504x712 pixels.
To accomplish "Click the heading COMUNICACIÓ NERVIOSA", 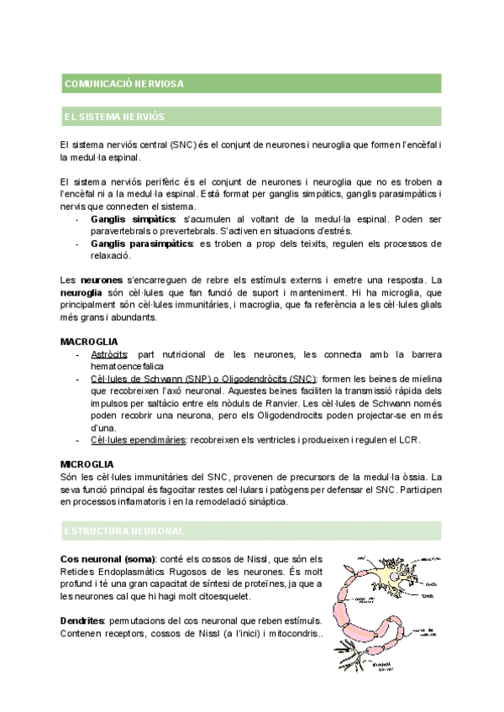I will [x=123, y=83].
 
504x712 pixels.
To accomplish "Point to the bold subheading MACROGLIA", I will [x=89, y=342].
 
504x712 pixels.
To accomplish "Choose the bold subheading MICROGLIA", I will [x=88, y=463].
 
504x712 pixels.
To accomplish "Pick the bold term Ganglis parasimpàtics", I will [x=140, y=243].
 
